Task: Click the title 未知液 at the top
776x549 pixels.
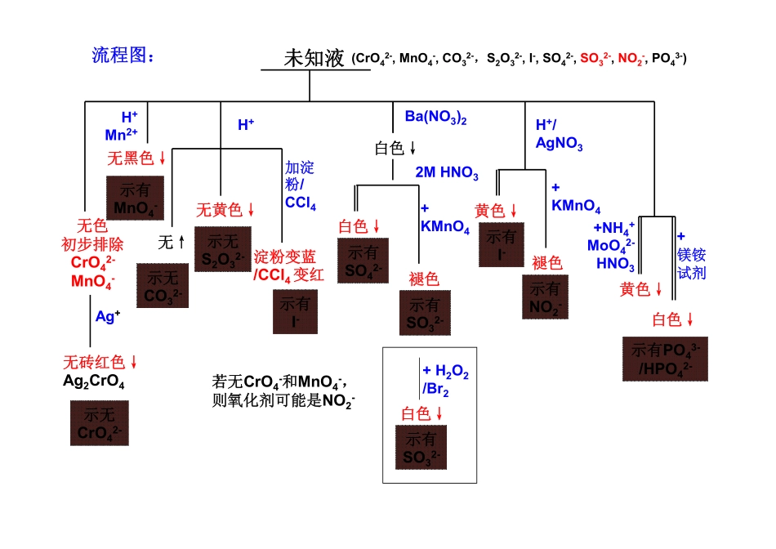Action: (x=314, y=58)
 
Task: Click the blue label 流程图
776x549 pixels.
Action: (x=123, y=56)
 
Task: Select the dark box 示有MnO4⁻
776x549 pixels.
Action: (x=135, y=198)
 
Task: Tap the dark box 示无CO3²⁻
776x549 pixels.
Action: (x=162, y=286)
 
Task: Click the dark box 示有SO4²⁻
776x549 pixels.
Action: (x=363, y=261)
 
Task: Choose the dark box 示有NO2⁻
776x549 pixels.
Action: (x=546, y=297)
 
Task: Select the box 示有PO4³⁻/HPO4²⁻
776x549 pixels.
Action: (x=665, y=359)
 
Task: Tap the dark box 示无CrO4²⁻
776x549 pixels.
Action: (x=100, y=422)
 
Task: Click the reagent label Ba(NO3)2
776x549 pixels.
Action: (x=435, y=117)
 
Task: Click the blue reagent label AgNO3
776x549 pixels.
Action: (x=559, y=145)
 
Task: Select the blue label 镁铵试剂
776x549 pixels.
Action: (x=691, y=263)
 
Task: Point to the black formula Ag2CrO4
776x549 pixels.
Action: (x=94, y=382)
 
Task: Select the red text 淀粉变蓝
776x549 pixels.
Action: (x=285, y=257)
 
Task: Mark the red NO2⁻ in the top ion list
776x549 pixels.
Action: (x=631, y=59)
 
